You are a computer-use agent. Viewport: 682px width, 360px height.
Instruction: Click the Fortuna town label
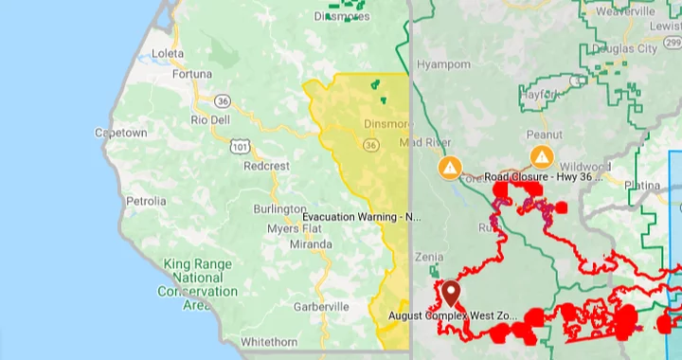pos(194,74)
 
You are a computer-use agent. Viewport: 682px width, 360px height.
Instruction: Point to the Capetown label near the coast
pos(120,134)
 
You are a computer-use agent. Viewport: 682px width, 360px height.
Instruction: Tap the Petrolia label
pos(146,201)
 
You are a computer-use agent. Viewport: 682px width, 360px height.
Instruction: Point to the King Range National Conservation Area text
pos(199,278)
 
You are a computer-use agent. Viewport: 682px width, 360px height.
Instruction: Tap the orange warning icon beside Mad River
pos(450,168)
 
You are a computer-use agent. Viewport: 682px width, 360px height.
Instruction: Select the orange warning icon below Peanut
pos(542,156)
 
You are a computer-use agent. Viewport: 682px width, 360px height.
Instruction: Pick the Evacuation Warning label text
pos(361,217)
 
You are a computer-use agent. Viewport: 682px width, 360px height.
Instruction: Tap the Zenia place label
pos(428,257)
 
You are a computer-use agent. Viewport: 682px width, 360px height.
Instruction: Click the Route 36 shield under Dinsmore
pos(370,145)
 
